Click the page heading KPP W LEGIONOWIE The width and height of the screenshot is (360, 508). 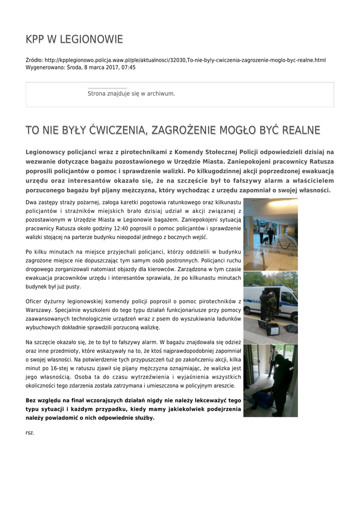(x=74, y=39)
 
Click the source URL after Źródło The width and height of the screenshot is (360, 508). (x=185, y=60)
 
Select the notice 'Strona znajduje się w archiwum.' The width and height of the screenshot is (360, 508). (x=131, y=93)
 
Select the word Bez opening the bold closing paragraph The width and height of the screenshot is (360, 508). (x=31, y=400)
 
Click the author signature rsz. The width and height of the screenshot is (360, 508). (x=30, y=433)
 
